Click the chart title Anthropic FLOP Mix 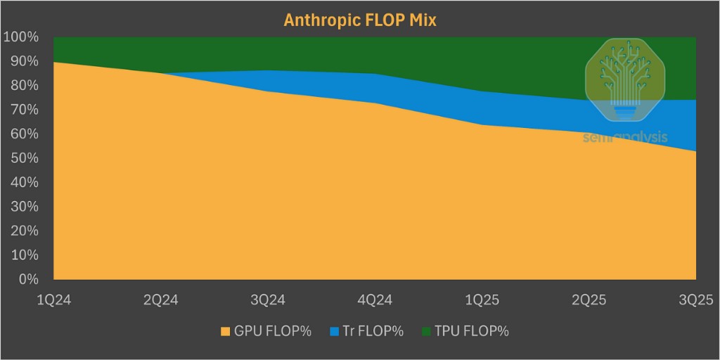point(360,20)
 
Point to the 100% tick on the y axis point(25,37)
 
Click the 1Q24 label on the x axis point(53,300)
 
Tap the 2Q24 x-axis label point(160,300)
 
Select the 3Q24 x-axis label point(267,300)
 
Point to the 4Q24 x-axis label point(375,300)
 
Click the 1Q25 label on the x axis point(482,300)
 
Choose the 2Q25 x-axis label point(589,300)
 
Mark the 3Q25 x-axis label point(696,300)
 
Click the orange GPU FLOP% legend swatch point(225,331)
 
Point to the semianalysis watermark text point(625,137)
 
